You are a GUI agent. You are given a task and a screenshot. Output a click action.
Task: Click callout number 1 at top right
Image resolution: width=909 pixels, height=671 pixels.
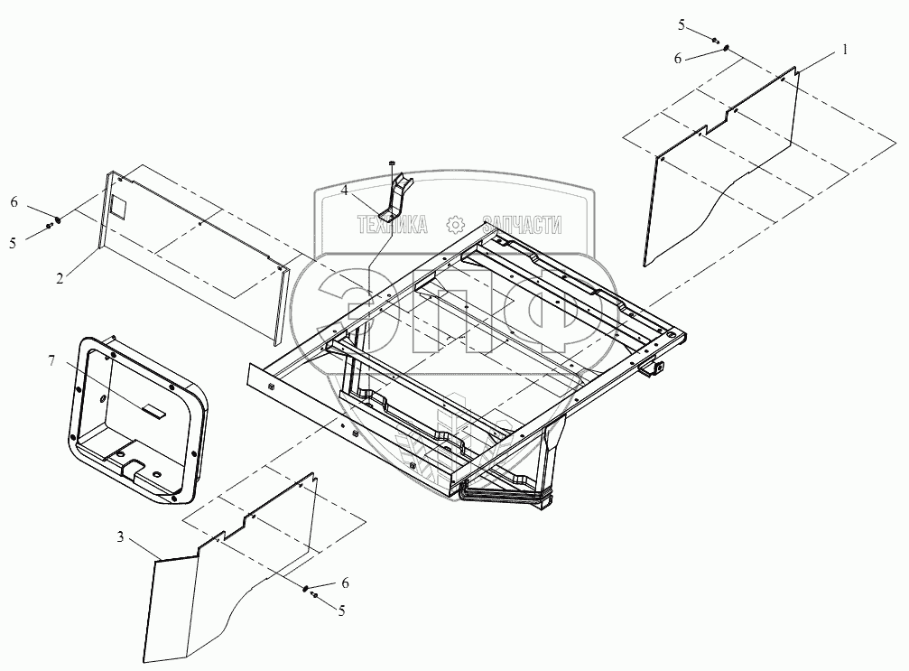click(844, 51)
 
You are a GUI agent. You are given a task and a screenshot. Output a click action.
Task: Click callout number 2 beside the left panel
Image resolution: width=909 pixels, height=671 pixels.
click(59, 279)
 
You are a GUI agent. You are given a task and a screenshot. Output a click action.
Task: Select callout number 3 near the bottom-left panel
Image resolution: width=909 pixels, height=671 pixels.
click(120, 539)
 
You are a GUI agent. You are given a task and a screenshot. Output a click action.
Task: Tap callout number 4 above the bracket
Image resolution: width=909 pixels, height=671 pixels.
click(344, 191)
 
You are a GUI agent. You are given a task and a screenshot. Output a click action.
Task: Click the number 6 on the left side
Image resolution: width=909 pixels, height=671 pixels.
click(14, 203)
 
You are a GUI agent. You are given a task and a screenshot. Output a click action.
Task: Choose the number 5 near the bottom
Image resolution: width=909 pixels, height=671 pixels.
click(340, 610)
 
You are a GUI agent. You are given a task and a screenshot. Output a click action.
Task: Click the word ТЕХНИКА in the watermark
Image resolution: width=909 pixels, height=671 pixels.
click(393, 226)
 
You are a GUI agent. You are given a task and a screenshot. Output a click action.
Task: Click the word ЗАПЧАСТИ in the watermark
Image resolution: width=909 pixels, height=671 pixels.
click(523, 226)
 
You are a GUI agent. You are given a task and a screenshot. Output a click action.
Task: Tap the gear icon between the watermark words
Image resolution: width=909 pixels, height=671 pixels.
click(457, 225)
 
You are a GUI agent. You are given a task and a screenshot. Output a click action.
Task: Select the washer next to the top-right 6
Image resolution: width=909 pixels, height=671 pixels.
click(727, 49)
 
